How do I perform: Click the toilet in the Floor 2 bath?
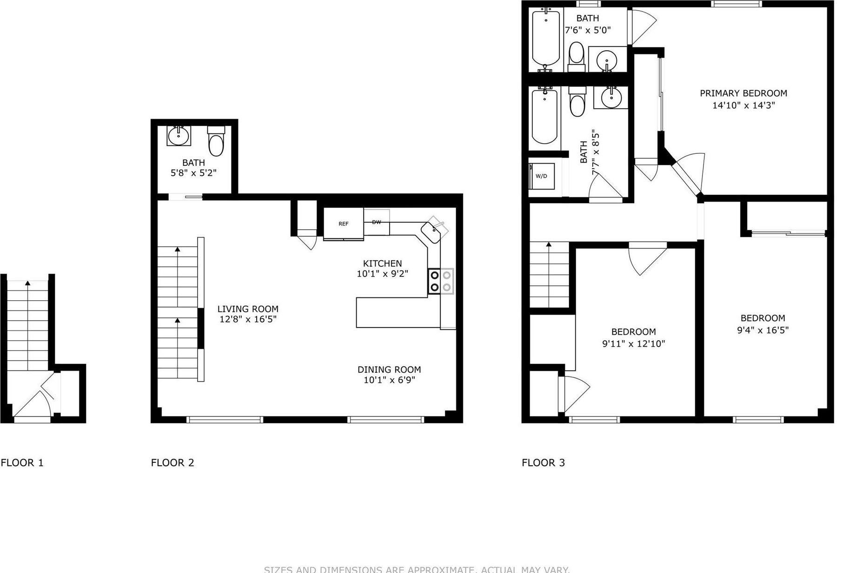point(217,141)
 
